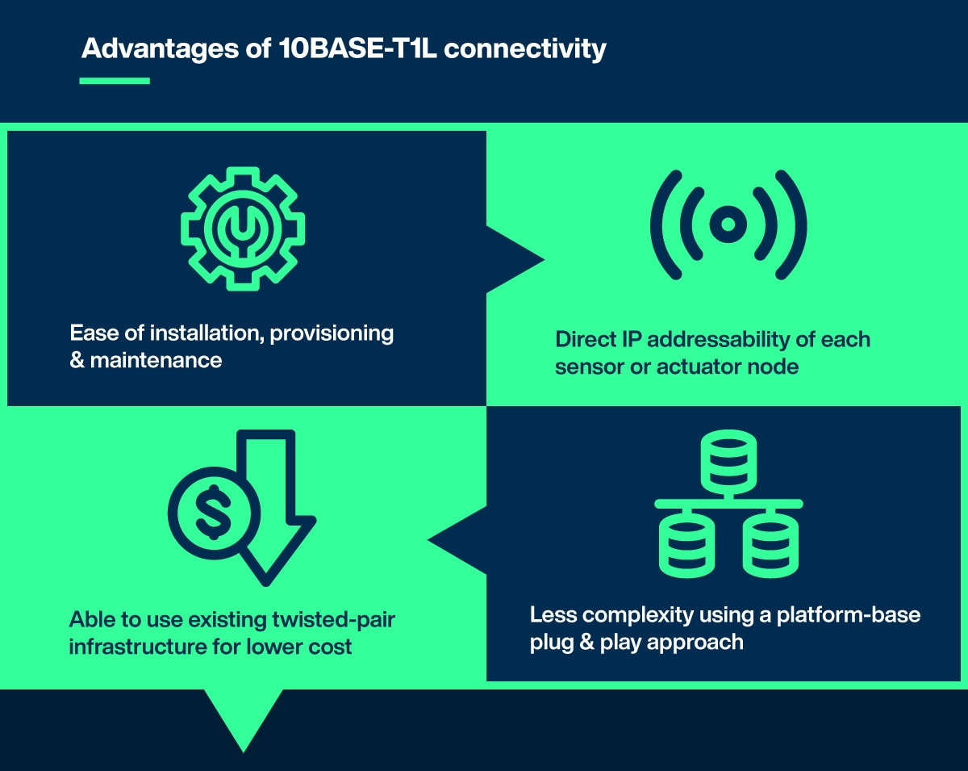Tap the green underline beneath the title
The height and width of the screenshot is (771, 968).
[115, 81]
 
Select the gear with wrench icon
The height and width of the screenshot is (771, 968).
[243, 228]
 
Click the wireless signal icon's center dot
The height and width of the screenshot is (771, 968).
[728, 224]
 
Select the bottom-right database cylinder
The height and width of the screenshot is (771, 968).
[770, 545]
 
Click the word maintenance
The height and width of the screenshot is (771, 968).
[156, 360]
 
